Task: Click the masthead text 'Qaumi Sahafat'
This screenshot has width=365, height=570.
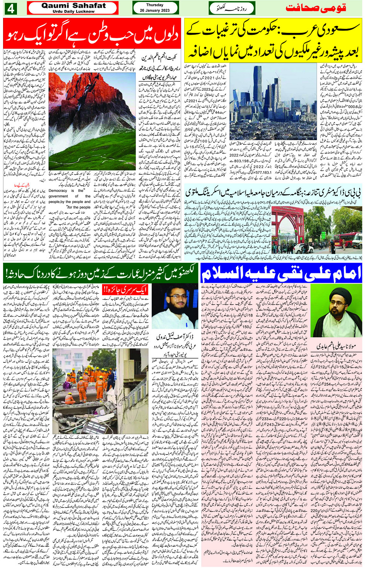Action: pos(73,5)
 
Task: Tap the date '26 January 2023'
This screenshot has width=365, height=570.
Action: pos(154,10)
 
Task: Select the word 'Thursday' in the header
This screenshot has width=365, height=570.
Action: pos(154,5)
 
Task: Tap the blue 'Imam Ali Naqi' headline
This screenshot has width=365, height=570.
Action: pos(281,274)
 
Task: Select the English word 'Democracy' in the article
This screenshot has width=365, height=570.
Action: pos(58,191)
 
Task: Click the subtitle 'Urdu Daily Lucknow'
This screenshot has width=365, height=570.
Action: pos(73,12)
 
